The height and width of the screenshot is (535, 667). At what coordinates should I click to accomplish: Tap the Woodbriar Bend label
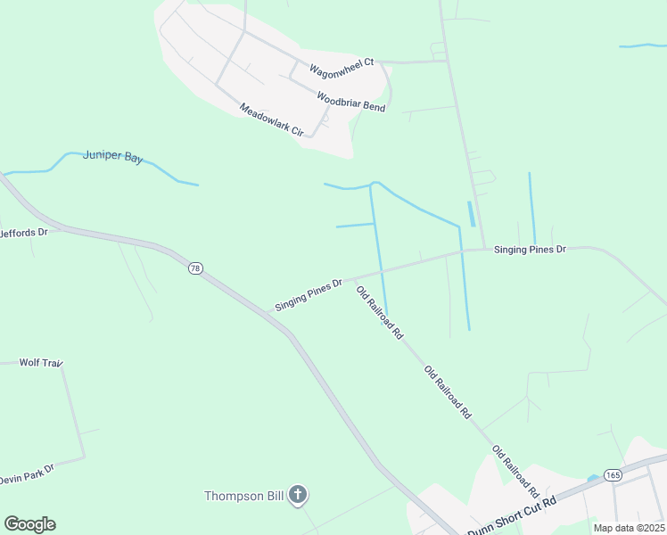(x=350, y=99)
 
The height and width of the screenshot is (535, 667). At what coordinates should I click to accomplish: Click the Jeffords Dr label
(x=23, y=233)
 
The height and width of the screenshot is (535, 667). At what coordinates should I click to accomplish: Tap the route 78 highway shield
(x=194, y=267)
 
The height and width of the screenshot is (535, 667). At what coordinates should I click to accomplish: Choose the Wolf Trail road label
(x=40, y=363)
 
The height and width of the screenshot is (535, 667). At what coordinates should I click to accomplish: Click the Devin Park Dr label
(x=27, y=473)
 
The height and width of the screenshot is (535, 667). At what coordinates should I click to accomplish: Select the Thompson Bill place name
(x=245, y=496)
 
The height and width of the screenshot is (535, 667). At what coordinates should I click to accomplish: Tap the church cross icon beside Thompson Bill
(x=298, y=495)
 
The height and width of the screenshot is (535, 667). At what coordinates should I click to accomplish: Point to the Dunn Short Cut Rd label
(x=512, y=514)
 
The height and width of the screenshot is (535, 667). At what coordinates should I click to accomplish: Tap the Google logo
(x=29, y=524)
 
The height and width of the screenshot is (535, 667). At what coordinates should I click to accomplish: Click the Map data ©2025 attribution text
(x=629, y=528)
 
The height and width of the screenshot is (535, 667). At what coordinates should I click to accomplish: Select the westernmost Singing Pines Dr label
(x=309, y=295)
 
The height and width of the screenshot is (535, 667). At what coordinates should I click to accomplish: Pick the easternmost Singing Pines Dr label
(x=530, y=250)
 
